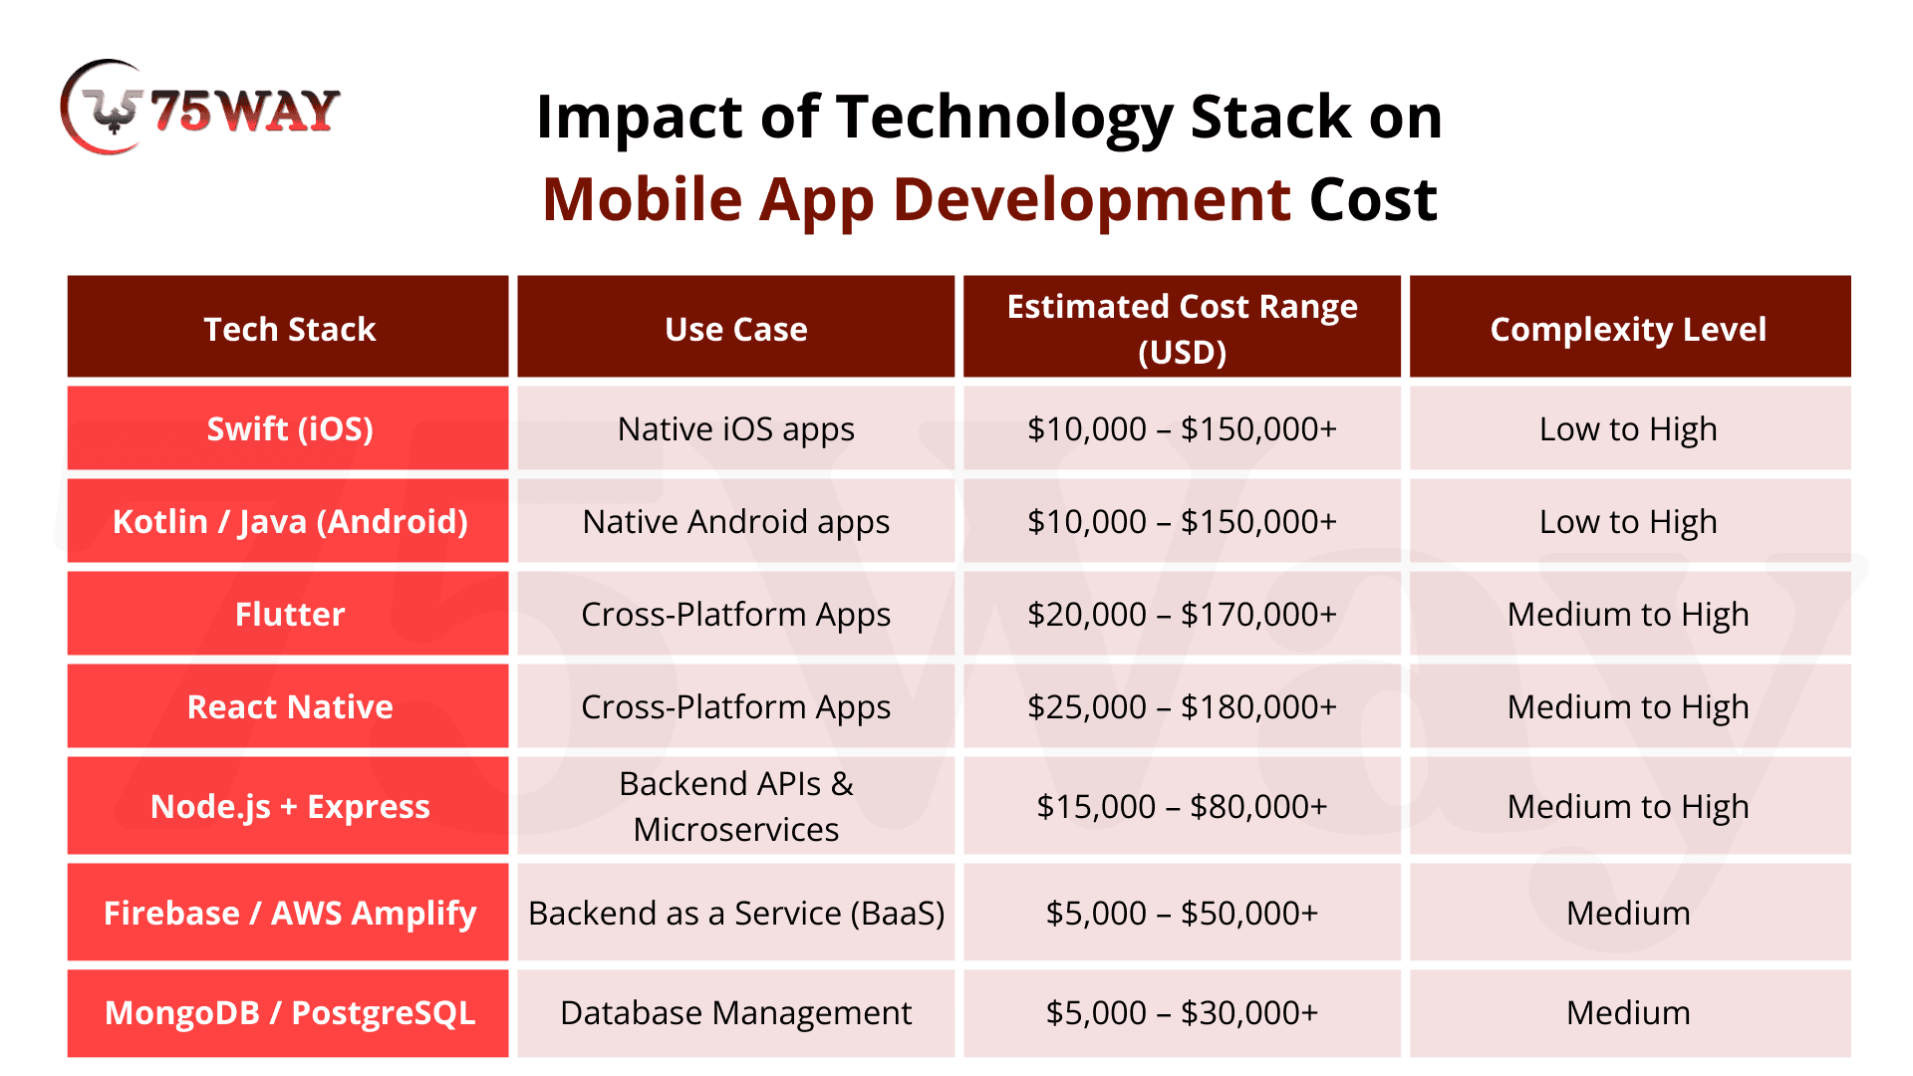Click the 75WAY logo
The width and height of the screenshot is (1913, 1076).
200,108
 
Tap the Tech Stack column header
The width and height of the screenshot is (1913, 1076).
289,329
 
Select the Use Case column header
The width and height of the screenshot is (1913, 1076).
736,329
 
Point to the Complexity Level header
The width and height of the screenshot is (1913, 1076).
1628,330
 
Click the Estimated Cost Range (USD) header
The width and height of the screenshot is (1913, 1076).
1183,329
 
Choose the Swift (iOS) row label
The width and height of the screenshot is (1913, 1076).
290,429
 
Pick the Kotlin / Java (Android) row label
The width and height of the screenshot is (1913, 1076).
290,522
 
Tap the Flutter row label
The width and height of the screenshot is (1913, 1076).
290,614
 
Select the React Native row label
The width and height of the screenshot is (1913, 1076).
290,706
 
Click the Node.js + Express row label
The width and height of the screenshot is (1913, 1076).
290,806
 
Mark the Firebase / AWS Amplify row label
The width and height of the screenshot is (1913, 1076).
290,914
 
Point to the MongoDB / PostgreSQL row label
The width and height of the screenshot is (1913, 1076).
290,1013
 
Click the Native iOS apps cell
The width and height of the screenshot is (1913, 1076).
736,429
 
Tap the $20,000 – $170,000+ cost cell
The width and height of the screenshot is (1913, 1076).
1183,615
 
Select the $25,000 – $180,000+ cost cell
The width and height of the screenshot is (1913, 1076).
1183,707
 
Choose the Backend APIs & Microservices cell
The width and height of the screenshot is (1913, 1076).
736,806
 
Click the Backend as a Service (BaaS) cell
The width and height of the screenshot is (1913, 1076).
736,914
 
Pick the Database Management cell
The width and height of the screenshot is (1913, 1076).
736,1013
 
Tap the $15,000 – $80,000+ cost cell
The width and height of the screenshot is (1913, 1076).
1183,807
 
